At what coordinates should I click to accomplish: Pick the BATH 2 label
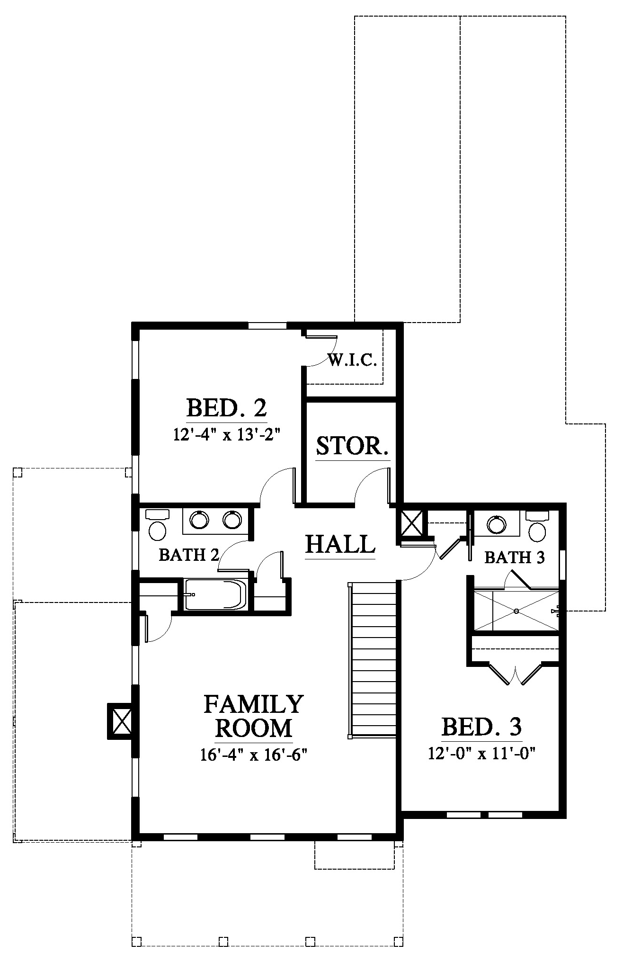(189, 555)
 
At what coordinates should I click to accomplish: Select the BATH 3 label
(515, 557)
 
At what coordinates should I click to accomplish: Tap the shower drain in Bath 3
(516, 611)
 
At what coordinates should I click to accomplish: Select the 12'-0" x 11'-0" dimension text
(481, 753)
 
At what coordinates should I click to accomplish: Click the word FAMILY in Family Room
(253, 704)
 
